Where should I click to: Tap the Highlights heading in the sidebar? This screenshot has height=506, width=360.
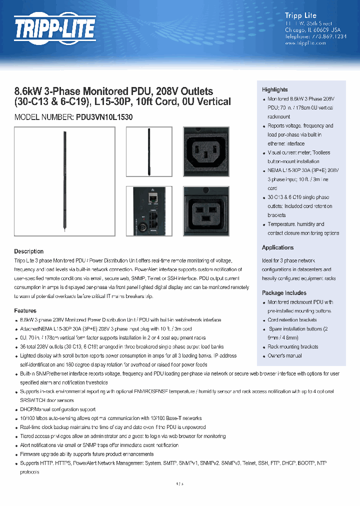[x=274, y=89]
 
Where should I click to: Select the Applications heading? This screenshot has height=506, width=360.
[x=277, y=247]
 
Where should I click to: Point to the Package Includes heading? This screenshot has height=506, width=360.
[x=284, y=293]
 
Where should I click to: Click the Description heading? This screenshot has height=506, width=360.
[x=28, y=251]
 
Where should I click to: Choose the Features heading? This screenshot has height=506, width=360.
[x=25, y=310]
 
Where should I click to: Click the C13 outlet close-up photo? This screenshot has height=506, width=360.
[x=206, y=151]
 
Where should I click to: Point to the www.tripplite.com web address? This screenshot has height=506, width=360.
[x=305, y=43]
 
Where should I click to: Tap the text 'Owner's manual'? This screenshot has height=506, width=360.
[x=284, y=355]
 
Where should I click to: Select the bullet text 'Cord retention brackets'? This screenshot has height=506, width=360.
[x=292, y=320]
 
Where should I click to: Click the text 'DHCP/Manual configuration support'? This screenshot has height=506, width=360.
[x=57, y=409]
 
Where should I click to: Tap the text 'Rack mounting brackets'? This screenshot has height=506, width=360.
[x=292, y=346]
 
